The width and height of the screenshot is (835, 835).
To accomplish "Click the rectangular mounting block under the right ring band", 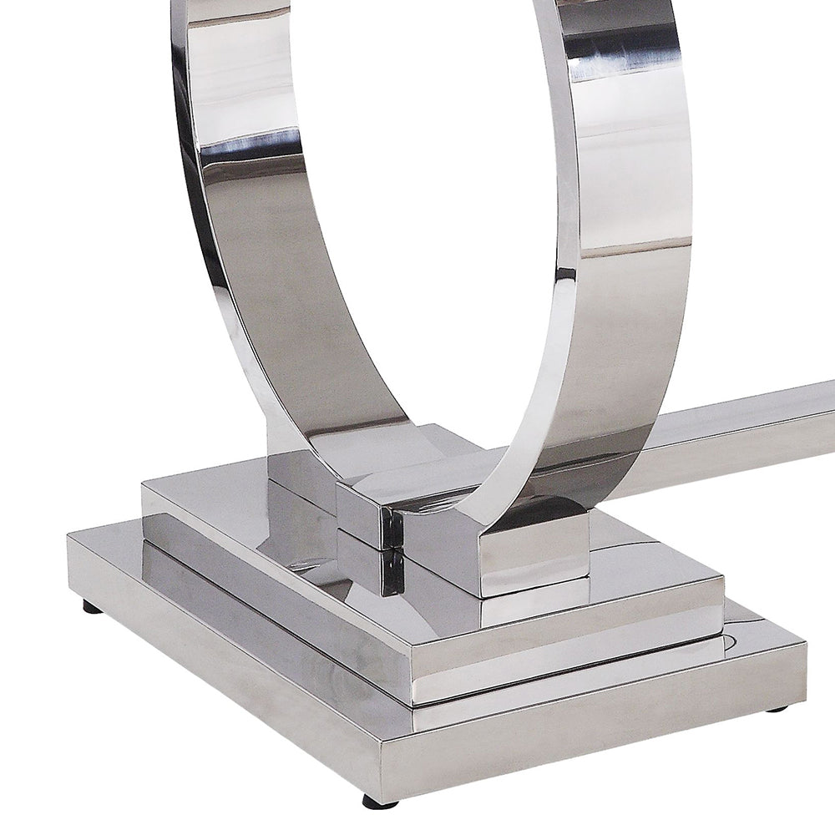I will (x=534, y=551).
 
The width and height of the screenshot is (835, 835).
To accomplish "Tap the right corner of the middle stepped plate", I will (x=721, y=584).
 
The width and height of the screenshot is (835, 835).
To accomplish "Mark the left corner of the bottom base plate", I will (x=70, y=539).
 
